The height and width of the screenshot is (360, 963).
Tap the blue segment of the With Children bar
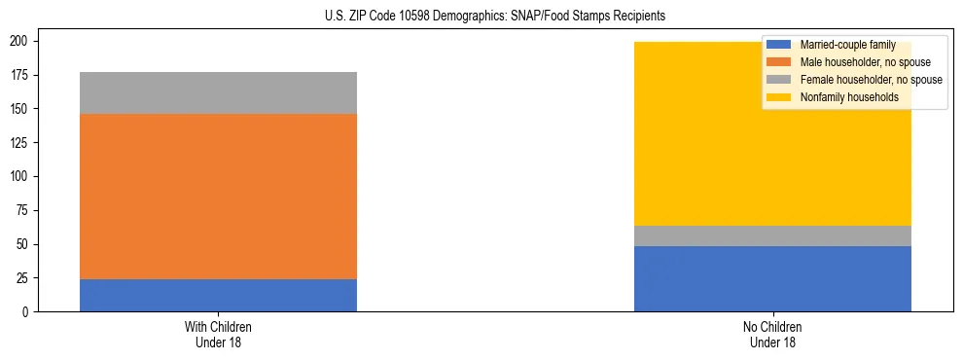point(218,295)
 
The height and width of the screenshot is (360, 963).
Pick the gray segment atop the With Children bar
point(218,92)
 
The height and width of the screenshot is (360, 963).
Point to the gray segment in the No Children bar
point(772,235)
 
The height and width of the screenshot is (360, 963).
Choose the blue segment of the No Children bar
point(772,278)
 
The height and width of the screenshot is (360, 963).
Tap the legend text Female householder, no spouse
point(865,80)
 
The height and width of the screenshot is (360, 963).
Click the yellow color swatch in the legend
point(779,97)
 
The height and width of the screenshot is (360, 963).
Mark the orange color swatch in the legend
point(779,62)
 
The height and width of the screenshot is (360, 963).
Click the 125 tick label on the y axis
point(22,143)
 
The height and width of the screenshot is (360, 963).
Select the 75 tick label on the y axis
point(25,210)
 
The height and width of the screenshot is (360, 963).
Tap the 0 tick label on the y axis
point(29,311)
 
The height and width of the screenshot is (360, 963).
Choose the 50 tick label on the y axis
point(25,244)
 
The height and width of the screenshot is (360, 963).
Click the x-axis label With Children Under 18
point(218,334)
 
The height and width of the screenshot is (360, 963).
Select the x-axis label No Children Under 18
point(772,334)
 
